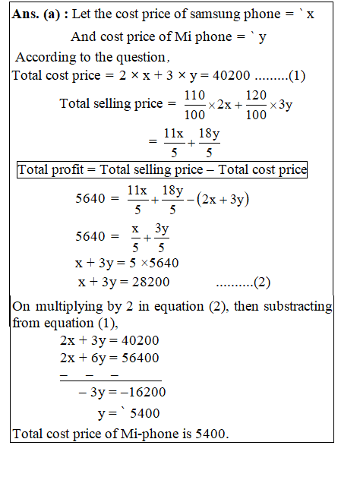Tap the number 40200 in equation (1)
[205, 75]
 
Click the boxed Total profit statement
[162, 169]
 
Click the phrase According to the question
[90, 57]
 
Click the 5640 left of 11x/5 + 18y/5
[91, 200]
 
